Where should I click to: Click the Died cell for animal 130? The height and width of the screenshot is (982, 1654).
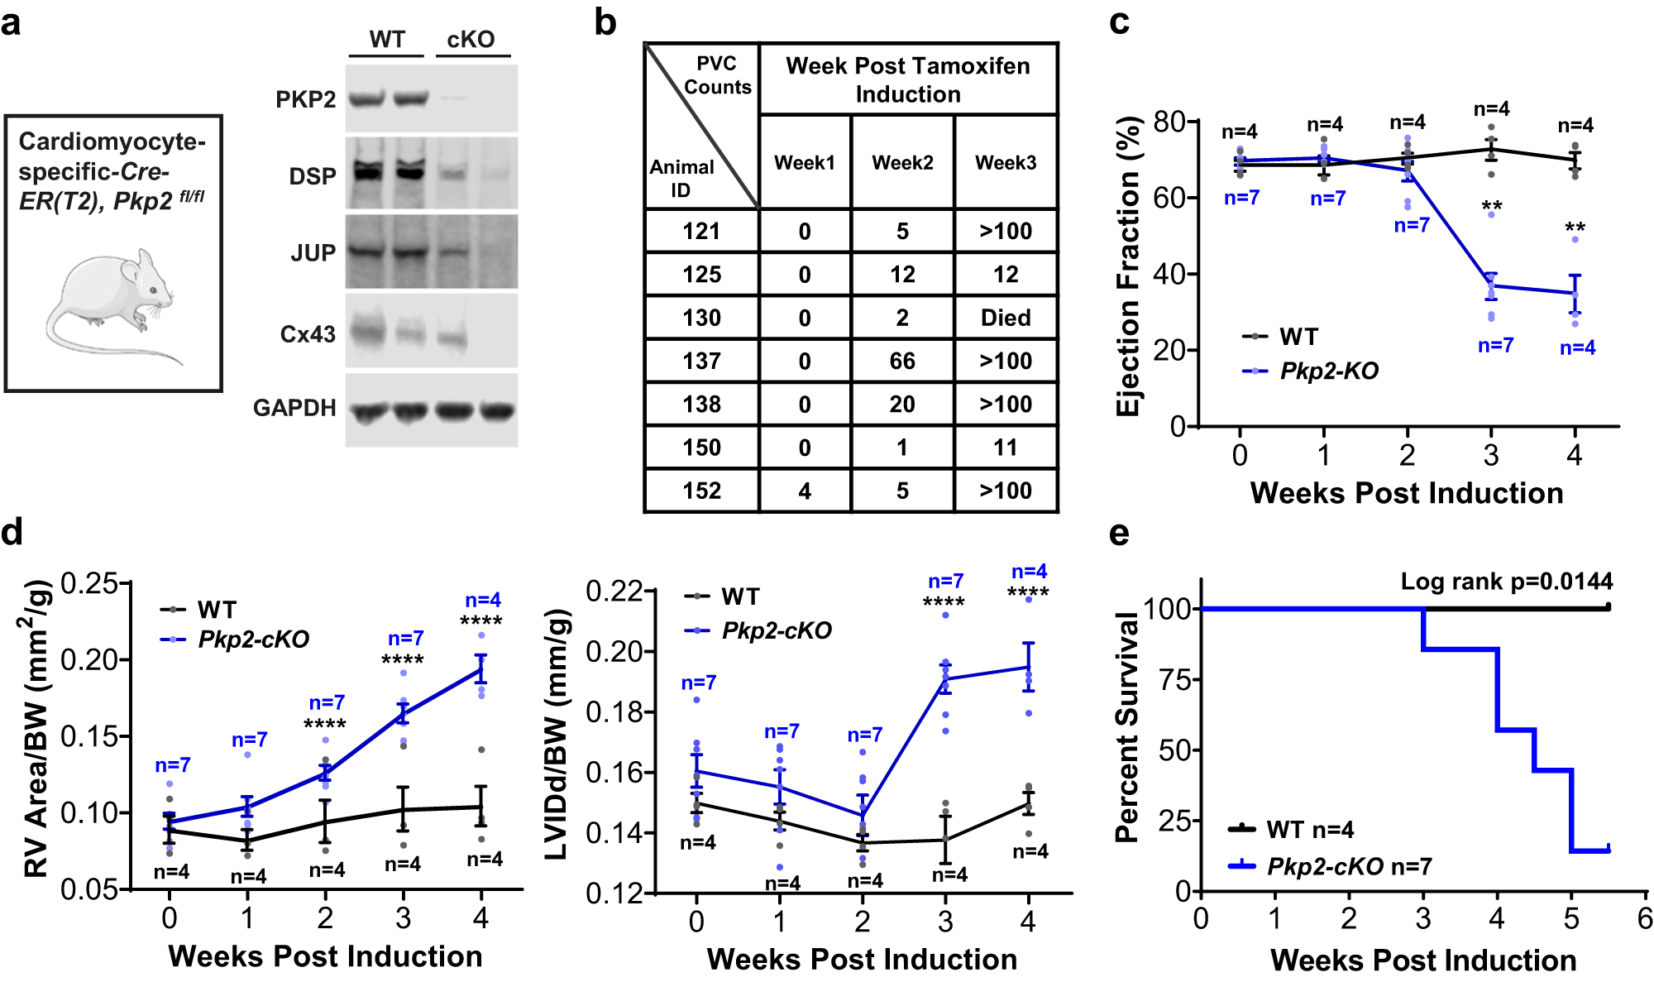tap(1006, 318)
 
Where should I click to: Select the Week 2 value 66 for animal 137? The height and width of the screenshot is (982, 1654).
tap(902, 361)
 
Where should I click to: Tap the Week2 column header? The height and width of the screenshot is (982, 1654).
tap(902, 162)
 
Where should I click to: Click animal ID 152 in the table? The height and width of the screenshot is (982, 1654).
tap(701, 491)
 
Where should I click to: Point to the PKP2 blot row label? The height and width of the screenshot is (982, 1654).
tap(305, 99)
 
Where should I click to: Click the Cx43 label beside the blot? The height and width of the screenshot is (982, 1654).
tap(308, 334)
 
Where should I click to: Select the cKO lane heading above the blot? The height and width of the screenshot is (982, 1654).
tap(471, 39)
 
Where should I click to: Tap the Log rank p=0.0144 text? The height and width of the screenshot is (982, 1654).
tap(1506, 582)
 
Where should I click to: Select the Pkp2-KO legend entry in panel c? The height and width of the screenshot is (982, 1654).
tap(1328, 371)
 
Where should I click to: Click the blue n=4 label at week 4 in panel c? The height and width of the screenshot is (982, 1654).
tap(1577, 348)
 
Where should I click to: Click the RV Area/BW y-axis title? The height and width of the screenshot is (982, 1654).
tap(36, 728)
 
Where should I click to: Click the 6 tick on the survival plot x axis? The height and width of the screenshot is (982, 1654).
tap(1644, 918)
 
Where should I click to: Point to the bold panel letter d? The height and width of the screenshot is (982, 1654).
tap(12, 532)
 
